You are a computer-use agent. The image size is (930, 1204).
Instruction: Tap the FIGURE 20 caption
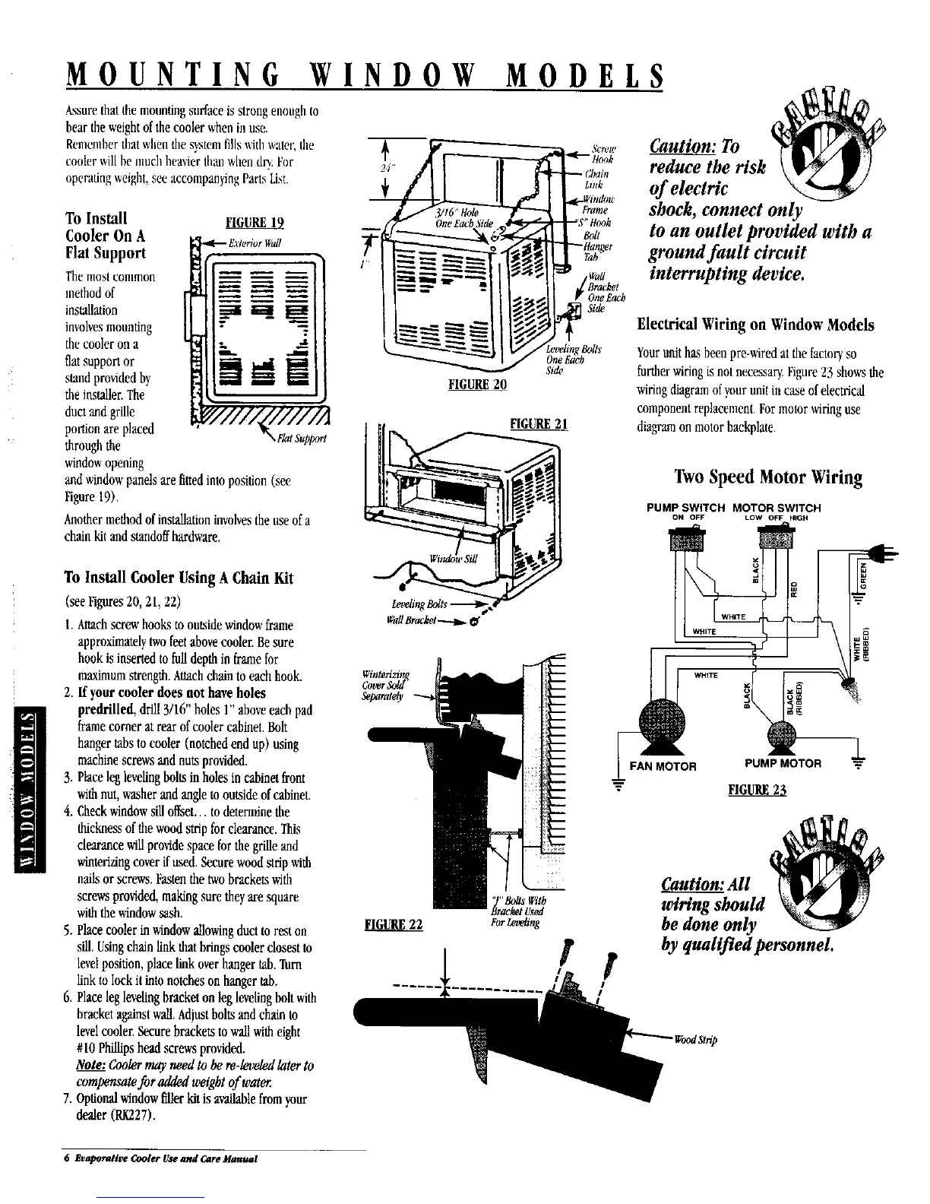click(x=477, y=384)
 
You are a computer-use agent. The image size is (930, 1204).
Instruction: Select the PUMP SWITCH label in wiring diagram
click(x=685, y=508)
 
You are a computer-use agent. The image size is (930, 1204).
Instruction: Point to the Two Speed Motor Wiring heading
click(x=767, y=477)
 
